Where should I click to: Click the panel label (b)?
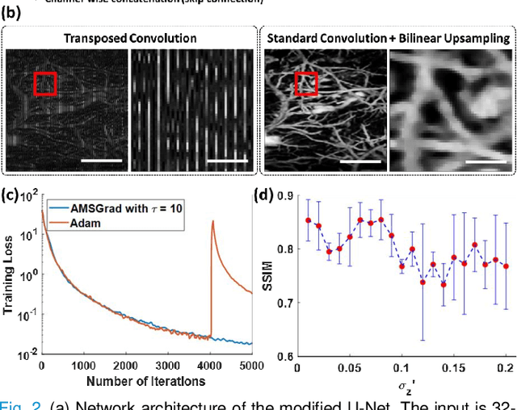click(11, 17)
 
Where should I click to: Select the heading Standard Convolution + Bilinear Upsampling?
click(389, 38)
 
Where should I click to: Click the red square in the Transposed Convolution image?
click(45, 83)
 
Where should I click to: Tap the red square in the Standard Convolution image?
click(306, 83)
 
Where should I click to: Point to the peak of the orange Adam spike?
click(212, 221)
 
